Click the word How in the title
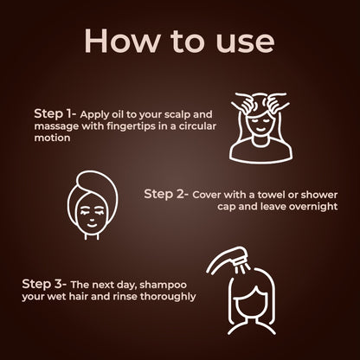121,40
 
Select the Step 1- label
55,114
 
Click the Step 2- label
166,195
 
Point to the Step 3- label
44,285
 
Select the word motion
52,138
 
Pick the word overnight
313,207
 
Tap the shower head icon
227,260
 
